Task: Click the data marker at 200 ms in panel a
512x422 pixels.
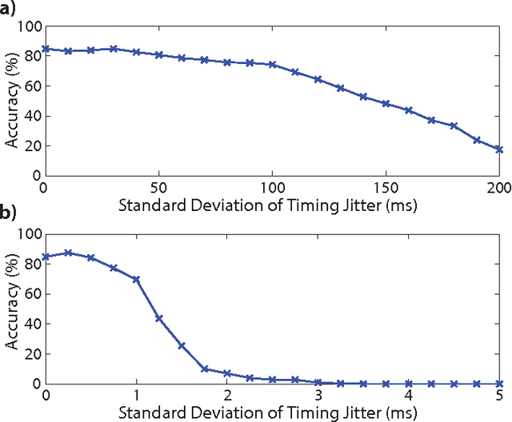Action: [500, 149]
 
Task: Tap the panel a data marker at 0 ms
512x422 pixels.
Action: [46, 49]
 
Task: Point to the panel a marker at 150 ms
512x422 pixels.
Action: [386, 103]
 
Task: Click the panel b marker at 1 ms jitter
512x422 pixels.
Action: [136, 279]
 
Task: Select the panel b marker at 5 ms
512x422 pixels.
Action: [500, 384]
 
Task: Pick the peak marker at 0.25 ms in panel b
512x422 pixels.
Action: [68, 253]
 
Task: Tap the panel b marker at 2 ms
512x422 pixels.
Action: [227, 373]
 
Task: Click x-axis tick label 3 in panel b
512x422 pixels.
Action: [318, 394]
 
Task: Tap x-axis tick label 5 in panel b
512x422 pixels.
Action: [500, 394]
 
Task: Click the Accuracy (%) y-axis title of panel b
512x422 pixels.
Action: [11, 309]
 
